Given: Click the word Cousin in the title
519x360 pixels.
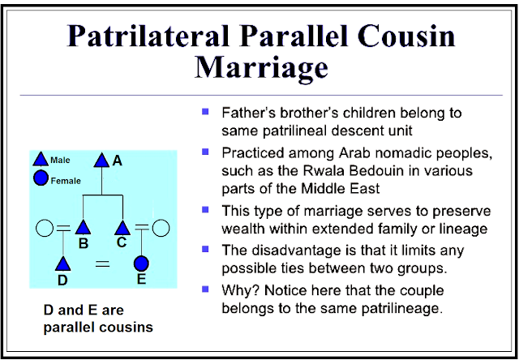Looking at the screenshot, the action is [x=406, y=36].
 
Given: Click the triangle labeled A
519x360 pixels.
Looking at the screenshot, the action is [x=101, y=161].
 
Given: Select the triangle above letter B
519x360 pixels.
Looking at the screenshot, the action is [x=83, y=228].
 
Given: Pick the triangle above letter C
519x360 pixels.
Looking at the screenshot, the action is [x=122, y=228].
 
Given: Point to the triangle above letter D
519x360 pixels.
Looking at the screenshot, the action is [x=63, y=264].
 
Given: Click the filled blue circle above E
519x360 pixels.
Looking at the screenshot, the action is [x=141, y=264].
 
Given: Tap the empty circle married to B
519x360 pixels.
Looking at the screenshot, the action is [x=45, y=228].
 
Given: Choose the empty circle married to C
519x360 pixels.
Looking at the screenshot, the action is [x=161, y=228].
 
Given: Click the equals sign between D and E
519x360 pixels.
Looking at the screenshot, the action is [x=103, y=264].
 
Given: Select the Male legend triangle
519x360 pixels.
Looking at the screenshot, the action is [x=41, y=159].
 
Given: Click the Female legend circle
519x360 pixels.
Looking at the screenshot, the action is [x=41, y=178].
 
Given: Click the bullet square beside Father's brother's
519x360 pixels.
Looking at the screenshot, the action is [x=205, y=111].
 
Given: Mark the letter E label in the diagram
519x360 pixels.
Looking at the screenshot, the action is [x=141, y=280].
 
